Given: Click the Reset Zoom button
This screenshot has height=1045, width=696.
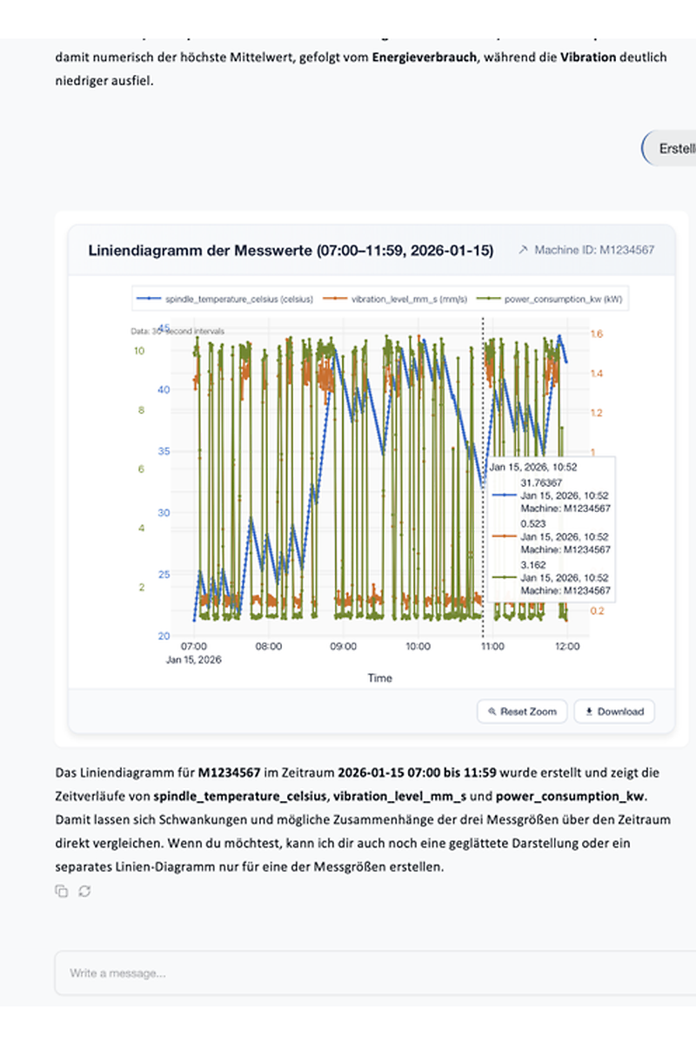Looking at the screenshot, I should tap(522, 711).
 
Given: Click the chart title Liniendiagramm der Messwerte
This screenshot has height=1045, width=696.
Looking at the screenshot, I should tap(291, 251).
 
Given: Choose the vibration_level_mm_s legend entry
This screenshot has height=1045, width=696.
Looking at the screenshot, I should tap(400, 299).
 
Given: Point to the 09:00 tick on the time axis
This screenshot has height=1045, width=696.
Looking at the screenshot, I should tap(344, 647).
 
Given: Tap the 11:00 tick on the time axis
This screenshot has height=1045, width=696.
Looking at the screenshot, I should tap(492, 647).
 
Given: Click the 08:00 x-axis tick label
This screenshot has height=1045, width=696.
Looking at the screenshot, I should tap(268, 647).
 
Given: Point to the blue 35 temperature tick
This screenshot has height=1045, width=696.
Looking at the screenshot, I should tap(164, 451).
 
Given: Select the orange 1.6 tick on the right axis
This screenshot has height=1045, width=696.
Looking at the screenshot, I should tap(597, 334).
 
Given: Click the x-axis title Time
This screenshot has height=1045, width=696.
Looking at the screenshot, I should tap(379, 678).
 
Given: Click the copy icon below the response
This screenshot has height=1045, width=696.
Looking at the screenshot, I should tap(61, 891).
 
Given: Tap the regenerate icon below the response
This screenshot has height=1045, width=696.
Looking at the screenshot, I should tap(84, 891).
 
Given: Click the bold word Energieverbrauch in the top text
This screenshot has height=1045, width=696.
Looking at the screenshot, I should tap(424, 58).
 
